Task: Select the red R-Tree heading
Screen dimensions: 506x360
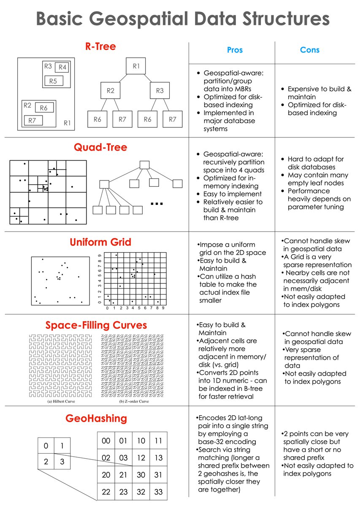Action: click(100, 46)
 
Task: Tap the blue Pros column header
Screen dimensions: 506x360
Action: click(235, 50)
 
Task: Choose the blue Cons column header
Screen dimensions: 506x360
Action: click(309, 50)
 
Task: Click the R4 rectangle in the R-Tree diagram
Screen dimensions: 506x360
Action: click(62, 67)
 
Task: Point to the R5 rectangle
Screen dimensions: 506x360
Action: click(53, 81)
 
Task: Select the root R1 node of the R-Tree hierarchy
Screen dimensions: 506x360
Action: click(136, 66)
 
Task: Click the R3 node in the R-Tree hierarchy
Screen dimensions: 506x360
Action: click(160, 91)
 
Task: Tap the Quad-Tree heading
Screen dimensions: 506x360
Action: click(100, 148)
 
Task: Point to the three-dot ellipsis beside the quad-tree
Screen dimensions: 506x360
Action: click(157, 205)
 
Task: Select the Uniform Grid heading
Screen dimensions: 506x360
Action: click(100, 242)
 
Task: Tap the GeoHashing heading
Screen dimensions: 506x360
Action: click(96, 419)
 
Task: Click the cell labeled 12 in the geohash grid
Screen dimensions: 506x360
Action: click(141, 458)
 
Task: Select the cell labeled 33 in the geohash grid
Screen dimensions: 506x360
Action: click(158, 492)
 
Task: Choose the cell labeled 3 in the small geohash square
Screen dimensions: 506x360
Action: click(62, 462)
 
